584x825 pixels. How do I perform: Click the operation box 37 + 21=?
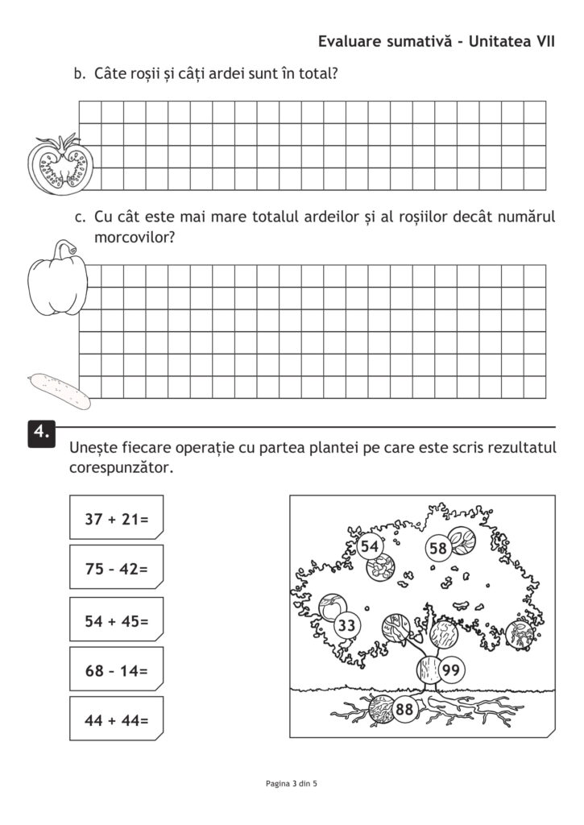117,520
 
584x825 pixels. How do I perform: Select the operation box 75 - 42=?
117,569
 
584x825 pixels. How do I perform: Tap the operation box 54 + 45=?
117,621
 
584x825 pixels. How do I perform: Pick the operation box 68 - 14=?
117,671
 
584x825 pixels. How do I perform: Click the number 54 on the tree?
370,546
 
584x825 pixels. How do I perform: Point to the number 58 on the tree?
437,549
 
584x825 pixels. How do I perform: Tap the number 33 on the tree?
347,625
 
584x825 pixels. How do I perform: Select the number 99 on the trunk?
451,670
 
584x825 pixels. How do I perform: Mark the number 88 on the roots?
404,709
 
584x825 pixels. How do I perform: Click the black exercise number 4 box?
42,433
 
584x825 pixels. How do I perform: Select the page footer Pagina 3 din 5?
292,782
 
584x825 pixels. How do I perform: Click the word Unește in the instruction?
94,447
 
